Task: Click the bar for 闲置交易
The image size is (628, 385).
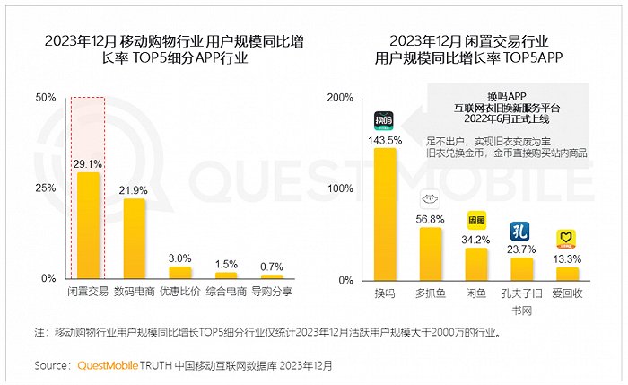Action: [88, 225]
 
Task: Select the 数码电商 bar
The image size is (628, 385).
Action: [135, 239]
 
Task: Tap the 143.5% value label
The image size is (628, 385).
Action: [385, 141]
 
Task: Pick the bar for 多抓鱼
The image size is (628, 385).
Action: [431, 254]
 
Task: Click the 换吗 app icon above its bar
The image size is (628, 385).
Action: [384, 120]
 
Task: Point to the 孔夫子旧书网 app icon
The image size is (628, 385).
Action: [519, 232]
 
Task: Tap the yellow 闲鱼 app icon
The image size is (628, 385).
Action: [476, 221]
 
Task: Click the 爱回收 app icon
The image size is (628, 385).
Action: [566, 240]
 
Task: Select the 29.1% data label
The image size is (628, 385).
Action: [88, 164]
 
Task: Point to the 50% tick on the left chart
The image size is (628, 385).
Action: [46, 97]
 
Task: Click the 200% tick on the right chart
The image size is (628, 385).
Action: [340, 97]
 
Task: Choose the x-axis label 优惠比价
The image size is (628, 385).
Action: [179, 292]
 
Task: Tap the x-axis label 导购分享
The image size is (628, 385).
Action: [272, 292]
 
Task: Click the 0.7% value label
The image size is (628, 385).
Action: [272, 267]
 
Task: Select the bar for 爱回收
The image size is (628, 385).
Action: [568, 274]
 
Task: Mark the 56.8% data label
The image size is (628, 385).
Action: [430, 220]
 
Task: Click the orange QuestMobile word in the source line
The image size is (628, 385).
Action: [108, 365]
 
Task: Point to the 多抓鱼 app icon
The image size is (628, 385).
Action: [430, 199]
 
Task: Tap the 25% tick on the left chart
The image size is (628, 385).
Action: [46, 188]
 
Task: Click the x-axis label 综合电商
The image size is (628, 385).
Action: [226, 292]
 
